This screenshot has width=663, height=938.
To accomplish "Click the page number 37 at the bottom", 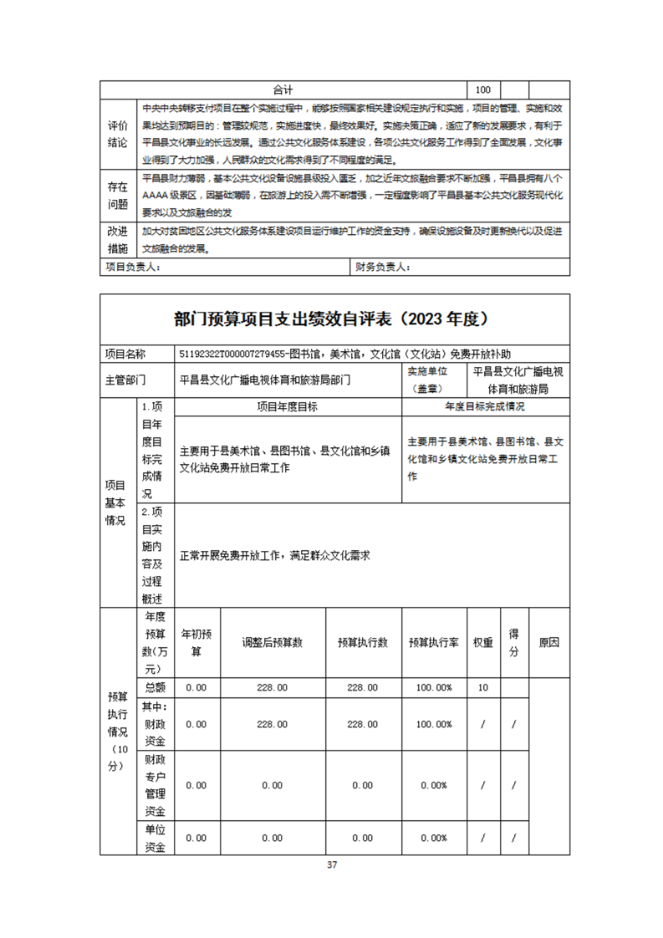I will pyautogui.click(x=332, y=864).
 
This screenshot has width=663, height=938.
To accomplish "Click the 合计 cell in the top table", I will pyautogui.click(x=283, y=89).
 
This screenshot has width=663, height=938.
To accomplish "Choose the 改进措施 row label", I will pyautogui.click(x=117, y=240).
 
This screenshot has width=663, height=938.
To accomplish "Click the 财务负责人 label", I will pyautogui.click(x=382, y=267).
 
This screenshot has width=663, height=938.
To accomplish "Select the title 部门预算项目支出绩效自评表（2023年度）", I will pyautogui.click(x=331, y=319).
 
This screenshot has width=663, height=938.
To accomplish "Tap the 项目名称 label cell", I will pyautogui.click(x=125, y=354).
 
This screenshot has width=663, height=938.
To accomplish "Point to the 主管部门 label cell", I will pyautogui.click(x=125, y=380).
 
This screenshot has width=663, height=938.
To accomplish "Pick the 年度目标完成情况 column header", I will pyautogui.click(x=485, y=407).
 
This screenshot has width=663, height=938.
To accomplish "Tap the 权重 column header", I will pyautogui.click(x=482, y=642).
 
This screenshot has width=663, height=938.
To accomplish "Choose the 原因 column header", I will pyautogui.click(x=549, y=642).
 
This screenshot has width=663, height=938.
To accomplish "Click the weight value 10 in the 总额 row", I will pyautogui.click(x=482, y=687).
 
